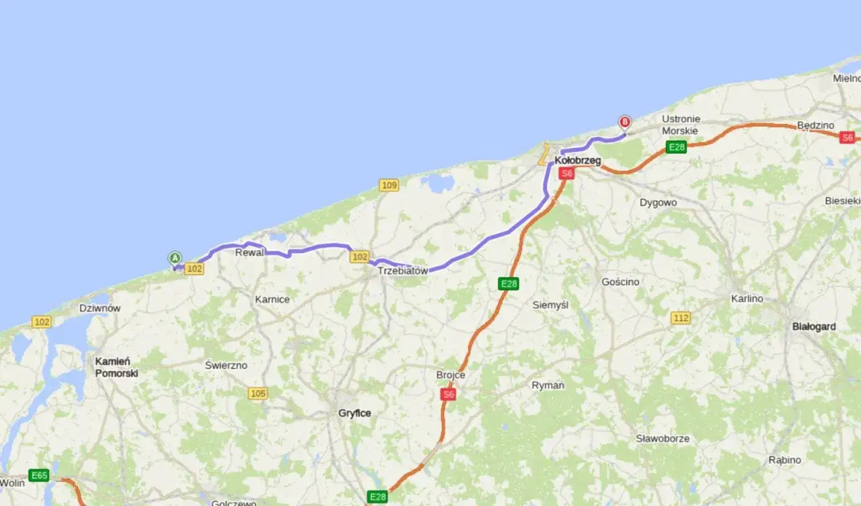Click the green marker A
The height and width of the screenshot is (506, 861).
coord(175,258)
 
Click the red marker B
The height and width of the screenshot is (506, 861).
coord(624,122)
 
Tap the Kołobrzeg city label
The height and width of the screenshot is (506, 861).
coord(578,161)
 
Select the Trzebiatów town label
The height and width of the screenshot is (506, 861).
coord(403,270)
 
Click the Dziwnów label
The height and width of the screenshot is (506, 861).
coord(100,308)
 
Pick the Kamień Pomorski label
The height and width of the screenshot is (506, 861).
coord(116,367)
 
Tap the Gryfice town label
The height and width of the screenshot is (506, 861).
coord(354,413)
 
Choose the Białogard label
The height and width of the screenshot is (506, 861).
coord(814,326)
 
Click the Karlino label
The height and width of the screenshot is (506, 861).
coord(747,298)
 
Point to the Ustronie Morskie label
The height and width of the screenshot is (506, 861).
coord(680,124)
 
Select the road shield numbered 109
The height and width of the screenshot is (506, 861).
coord(389,185)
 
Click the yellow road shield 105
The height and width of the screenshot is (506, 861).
coord(258,393)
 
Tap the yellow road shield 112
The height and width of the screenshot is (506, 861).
coord(681,318)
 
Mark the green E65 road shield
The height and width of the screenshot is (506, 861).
coord(39,476)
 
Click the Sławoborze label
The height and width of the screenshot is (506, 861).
coord(663,439)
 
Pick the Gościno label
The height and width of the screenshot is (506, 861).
coord(620,282)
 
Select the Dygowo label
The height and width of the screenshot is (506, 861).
coord(658,203)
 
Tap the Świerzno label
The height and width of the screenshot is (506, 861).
coord(226,365)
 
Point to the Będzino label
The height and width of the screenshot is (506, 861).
coord(815,125)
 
